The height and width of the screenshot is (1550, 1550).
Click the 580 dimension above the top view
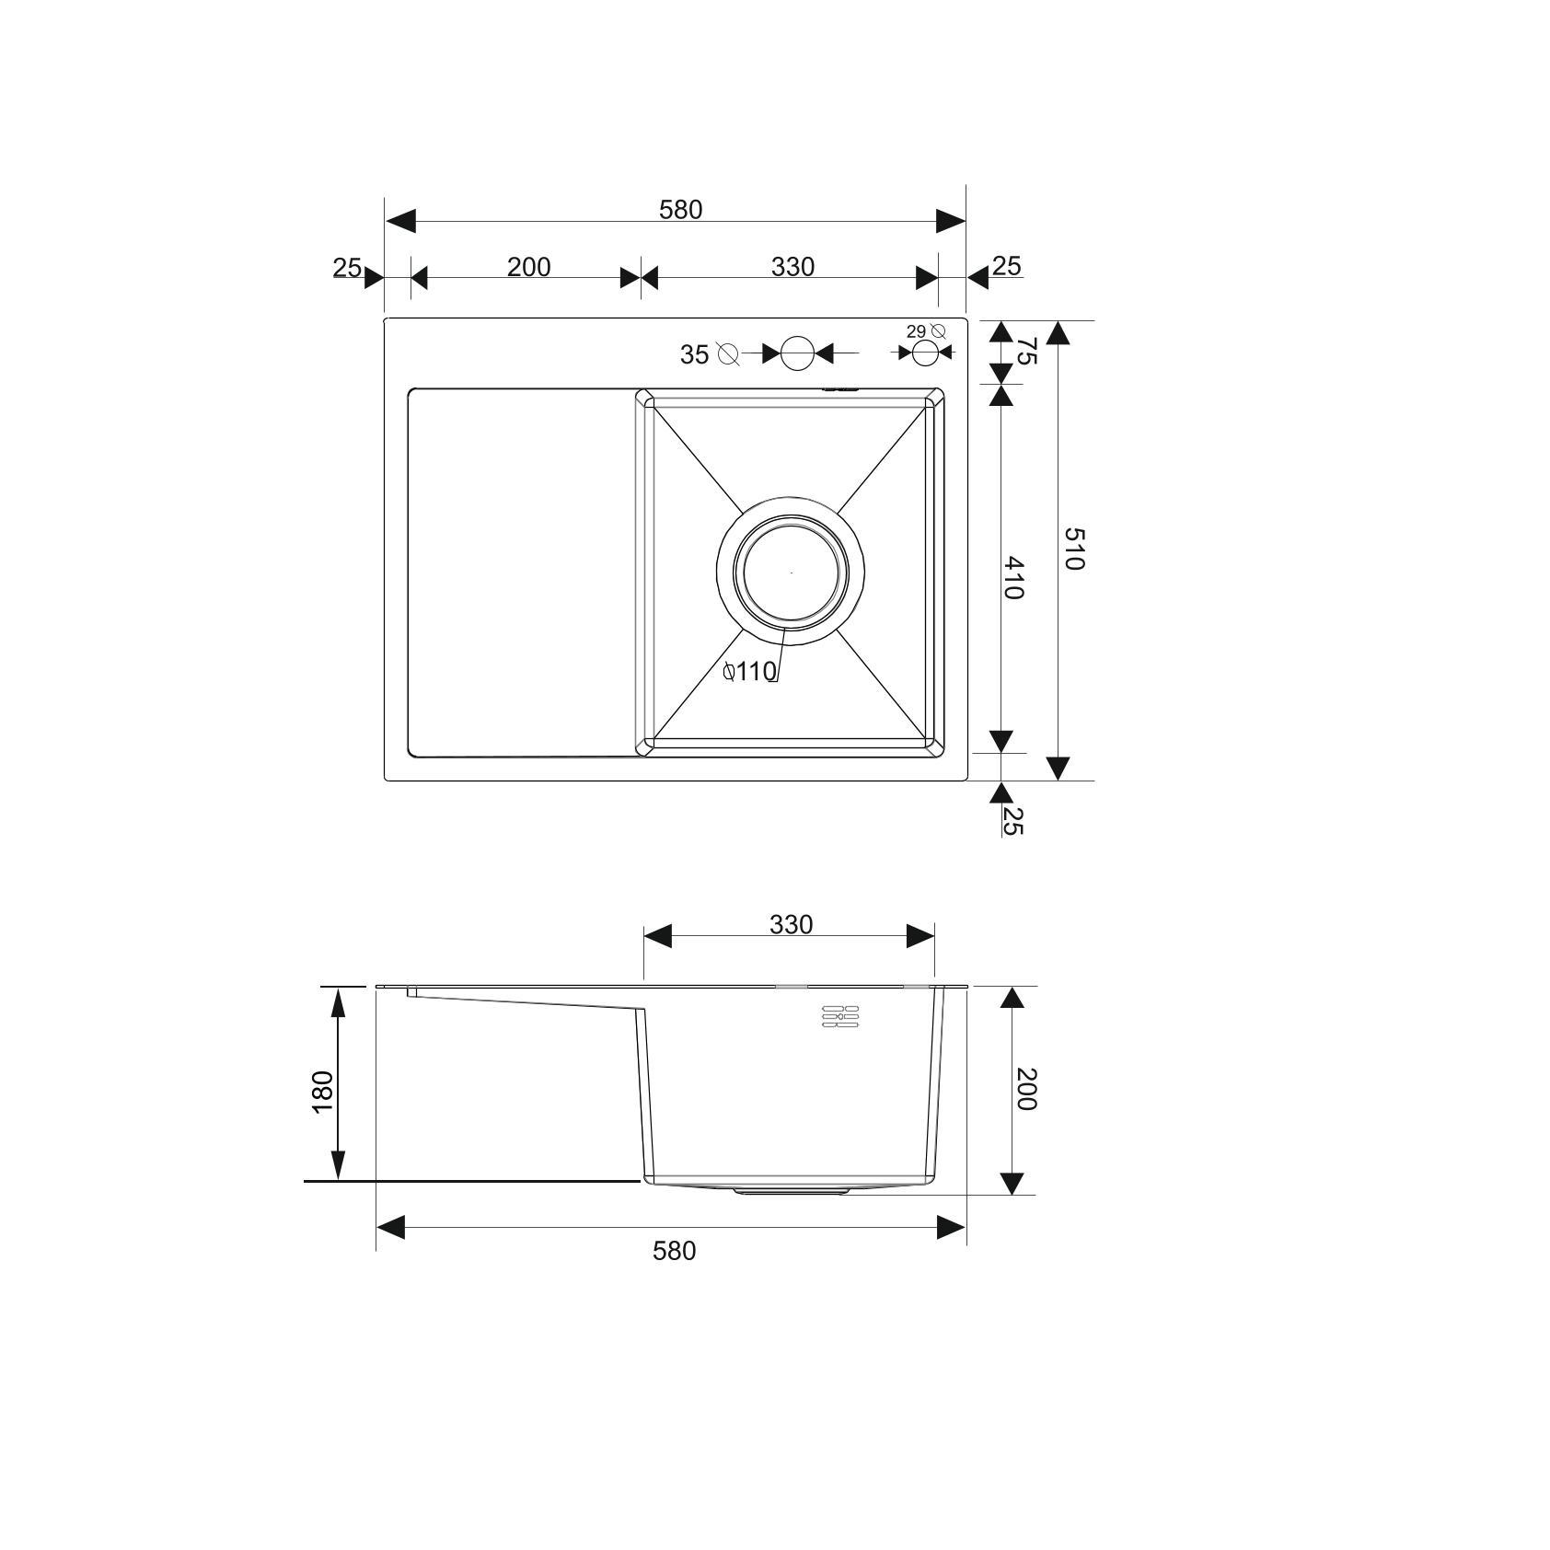pos(680,210)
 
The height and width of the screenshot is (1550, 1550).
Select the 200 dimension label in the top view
pos(528,267)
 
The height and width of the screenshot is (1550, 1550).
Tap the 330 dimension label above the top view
pos(792,267)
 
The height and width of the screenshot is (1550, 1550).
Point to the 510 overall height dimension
pos(1073,549)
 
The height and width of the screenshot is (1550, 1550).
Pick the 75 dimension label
pos(1025,351)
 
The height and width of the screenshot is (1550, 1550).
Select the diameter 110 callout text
pos(750,672)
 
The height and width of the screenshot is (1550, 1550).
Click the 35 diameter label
pos(694,354)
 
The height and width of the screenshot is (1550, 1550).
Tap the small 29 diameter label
pos(916,331)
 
